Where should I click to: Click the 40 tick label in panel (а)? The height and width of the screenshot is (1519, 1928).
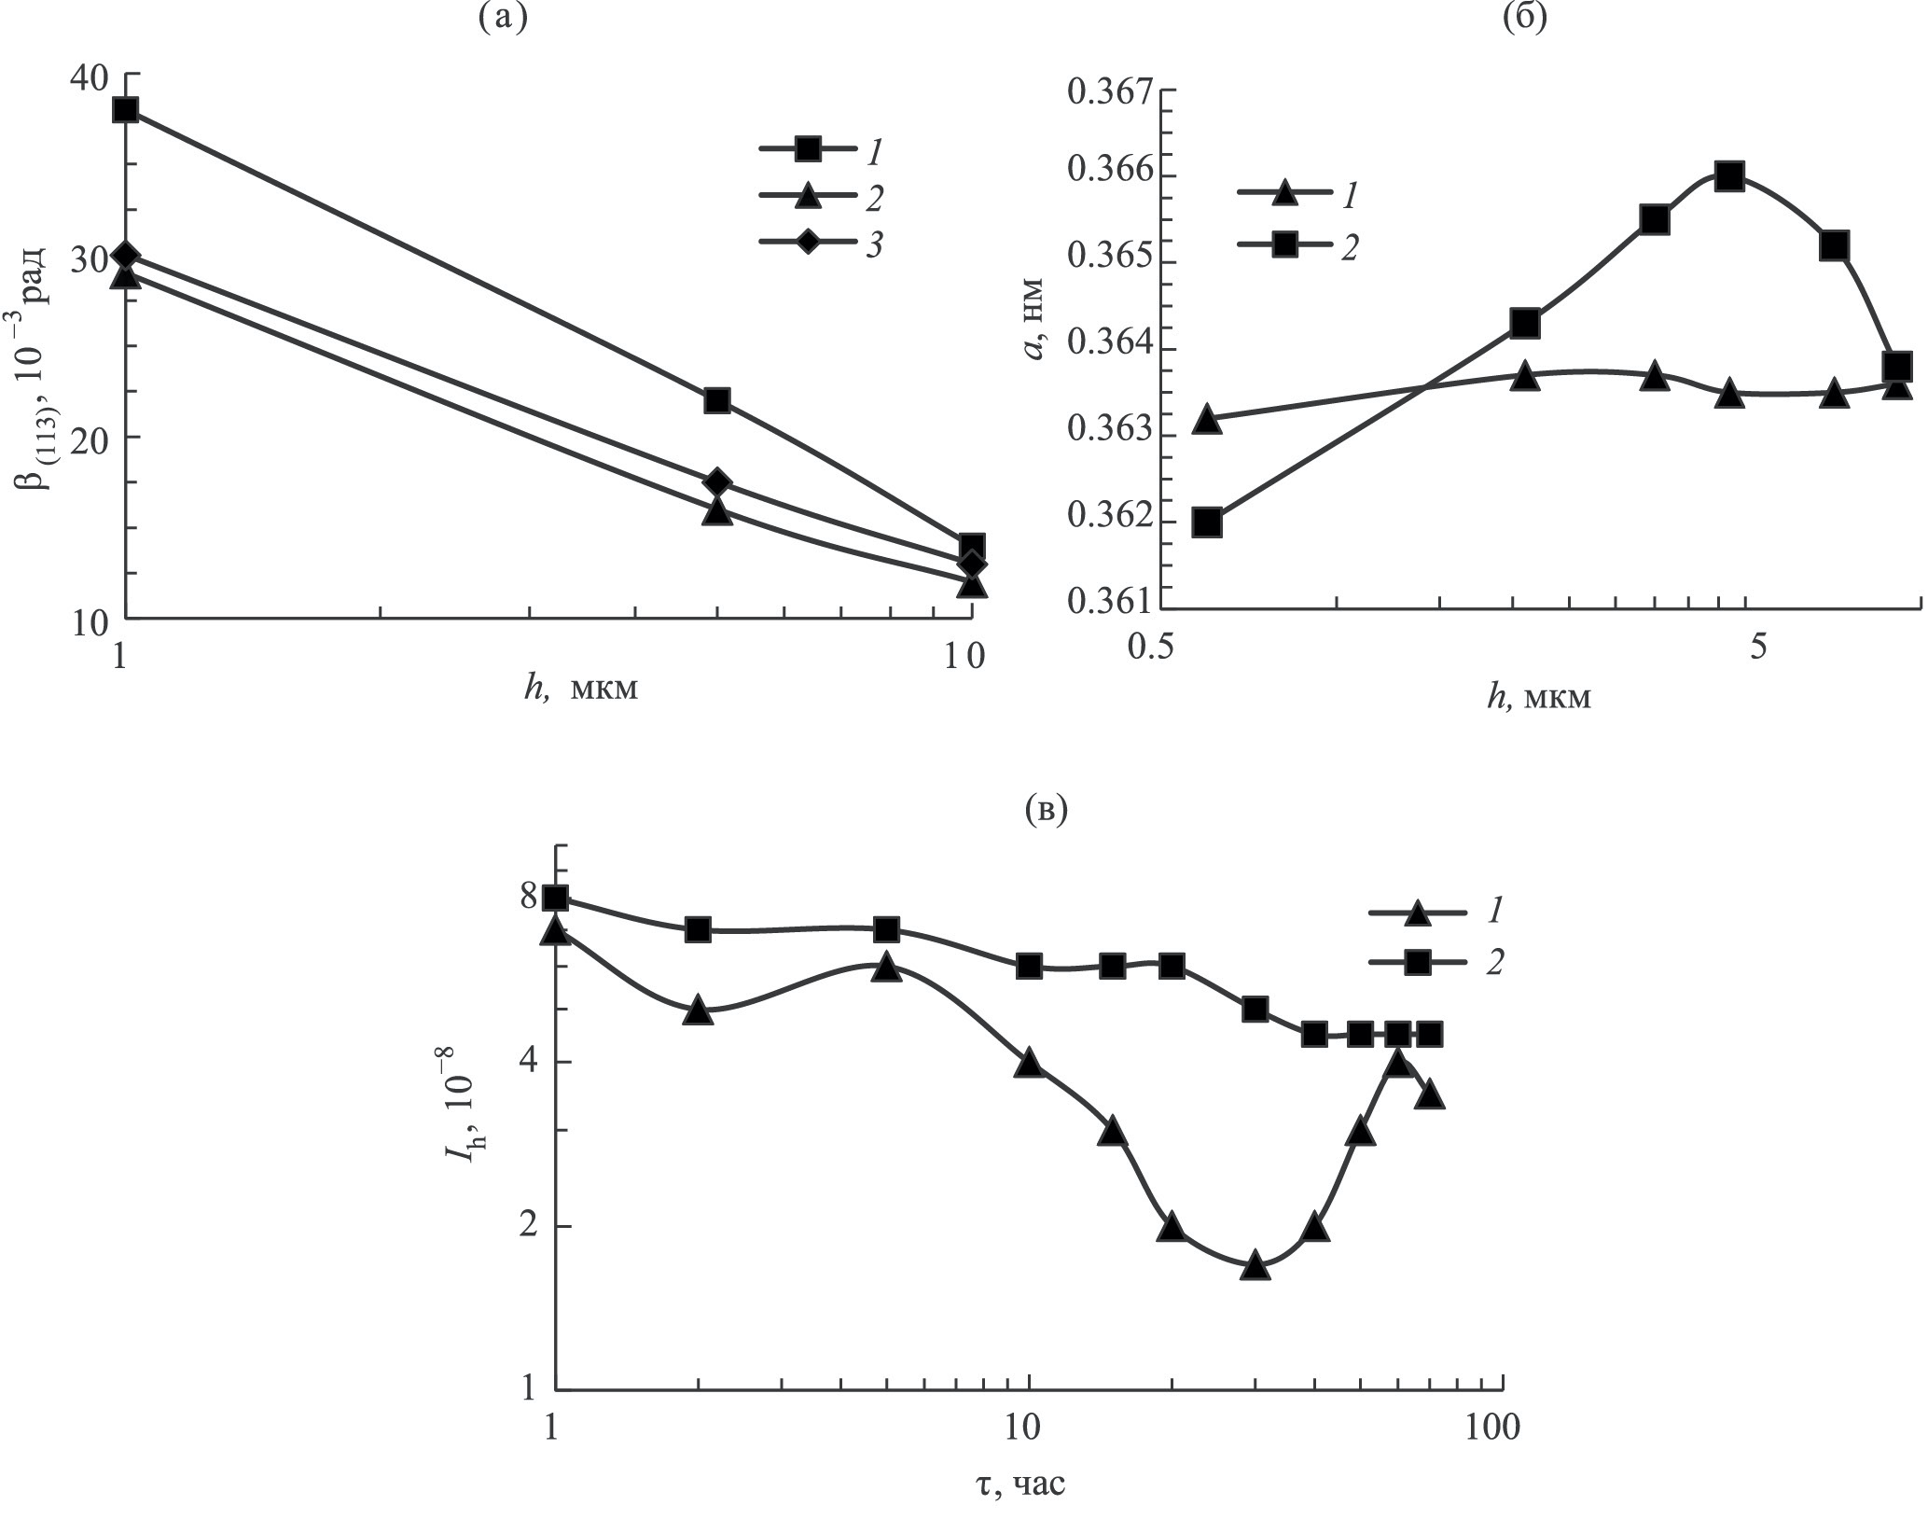pos(87,77)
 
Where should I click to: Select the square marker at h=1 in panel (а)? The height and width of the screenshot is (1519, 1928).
pos(126,110)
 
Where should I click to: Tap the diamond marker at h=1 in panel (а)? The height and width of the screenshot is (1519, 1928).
pos(126,256)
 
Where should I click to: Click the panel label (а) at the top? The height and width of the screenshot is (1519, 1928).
pos(502,16)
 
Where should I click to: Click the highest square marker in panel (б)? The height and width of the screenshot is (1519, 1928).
pos(1729,176)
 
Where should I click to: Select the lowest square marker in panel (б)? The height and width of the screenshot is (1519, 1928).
pos(1207,523)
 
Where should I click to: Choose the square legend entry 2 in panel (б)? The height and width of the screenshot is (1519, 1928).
pos(1285,244)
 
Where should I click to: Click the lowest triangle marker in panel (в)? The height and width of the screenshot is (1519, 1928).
pos(1255,1265)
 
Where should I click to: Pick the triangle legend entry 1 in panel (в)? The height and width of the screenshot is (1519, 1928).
pos(1417,913)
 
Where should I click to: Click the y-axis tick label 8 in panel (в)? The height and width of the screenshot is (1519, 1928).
pos(529,898)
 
